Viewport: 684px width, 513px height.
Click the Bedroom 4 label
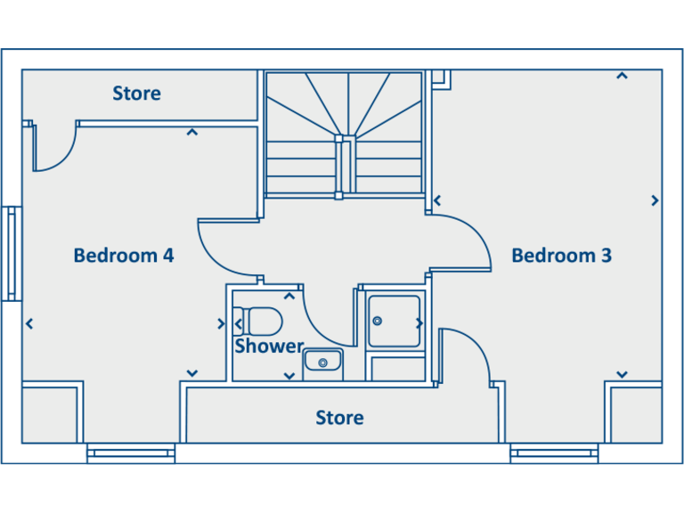[123, 256]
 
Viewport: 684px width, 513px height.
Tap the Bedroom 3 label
[561, 256]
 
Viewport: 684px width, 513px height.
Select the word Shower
[269, 346]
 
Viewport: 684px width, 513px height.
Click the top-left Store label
[136, 94]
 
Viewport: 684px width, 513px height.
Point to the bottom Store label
[339, 418]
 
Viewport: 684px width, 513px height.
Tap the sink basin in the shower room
[322, 362]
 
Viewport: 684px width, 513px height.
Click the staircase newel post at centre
[338, 140]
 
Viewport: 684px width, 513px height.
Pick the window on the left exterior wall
[11, 254]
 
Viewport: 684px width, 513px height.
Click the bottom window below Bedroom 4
[131, 454]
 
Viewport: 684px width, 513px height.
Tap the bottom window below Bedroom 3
[553, 454]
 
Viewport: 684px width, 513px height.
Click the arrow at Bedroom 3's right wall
[655, 200]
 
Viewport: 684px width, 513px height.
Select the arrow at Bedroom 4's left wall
[30, 323]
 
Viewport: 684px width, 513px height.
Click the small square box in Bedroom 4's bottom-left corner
[52, 412]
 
